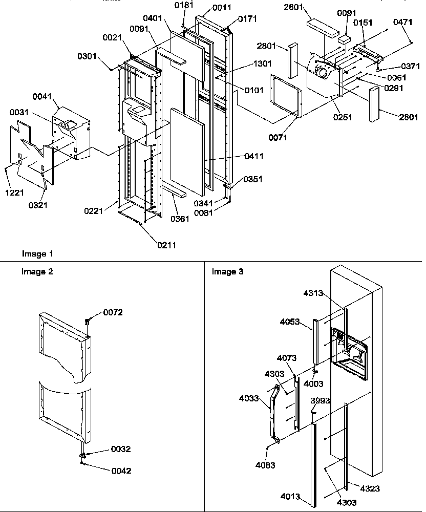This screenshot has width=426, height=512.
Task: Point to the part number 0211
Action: click(x=167, y=245)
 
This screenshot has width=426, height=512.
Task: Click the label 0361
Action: click(x=180, y=219)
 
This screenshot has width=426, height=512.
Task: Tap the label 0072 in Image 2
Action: click(x=113, y=312)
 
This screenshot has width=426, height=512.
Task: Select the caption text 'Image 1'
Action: click(x=37, y=254)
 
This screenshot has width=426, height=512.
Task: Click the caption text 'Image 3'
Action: click(x=228, y=271)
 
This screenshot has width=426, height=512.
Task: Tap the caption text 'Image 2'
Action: click(x=37, y=271)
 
